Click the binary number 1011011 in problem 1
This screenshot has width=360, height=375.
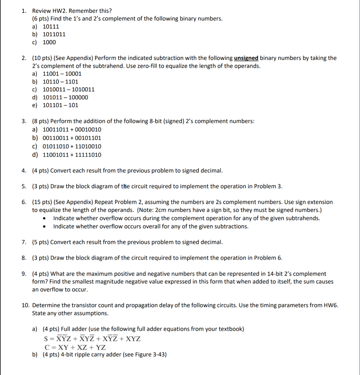coord(54,34)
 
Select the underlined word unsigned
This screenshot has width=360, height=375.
coord(246,58)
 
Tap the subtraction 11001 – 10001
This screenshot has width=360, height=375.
coord(62,74)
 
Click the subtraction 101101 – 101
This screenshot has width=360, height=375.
coord(60,105)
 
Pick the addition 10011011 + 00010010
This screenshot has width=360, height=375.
coord(72,130)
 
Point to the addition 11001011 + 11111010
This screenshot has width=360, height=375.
coord(72,155)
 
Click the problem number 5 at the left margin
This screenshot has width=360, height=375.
coord(23,186)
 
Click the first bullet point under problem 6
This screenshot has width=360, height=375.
coord(44,218)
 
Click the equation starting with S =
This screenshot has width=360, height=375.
coord(92,338)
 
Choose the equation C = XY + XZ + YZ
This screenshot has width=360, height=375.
coord(75,347)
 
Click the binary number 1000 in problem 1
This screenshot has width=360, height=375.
coord(49,42)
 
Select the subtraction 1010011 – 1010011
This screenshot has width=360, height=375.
coord(68,89)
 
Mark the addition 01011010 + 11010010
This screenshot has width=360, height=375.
coord(72,146)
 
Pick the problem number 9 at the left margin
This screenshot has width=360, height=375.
coord(23,274)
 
